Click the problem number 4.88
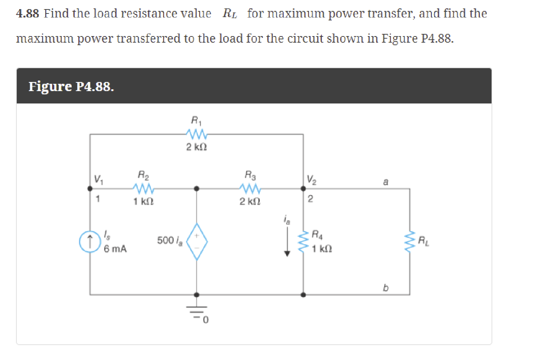27,13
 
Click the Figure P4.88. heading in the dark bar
71,86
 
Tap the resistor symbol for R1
197,134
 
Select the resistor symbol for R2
143,188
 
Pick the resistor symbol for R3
250,188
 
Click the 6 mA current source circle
90,241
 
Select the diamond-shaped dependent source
197,241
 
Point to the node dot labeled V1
90,188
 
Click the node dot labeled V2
303,188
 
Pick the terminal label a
386,181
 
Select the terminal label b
386,288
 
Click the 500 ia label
170,240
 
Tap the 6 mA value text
115,249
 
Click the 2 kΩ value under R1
197,147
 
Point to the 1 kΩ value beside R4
322,249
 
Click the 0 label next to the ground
206,320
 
